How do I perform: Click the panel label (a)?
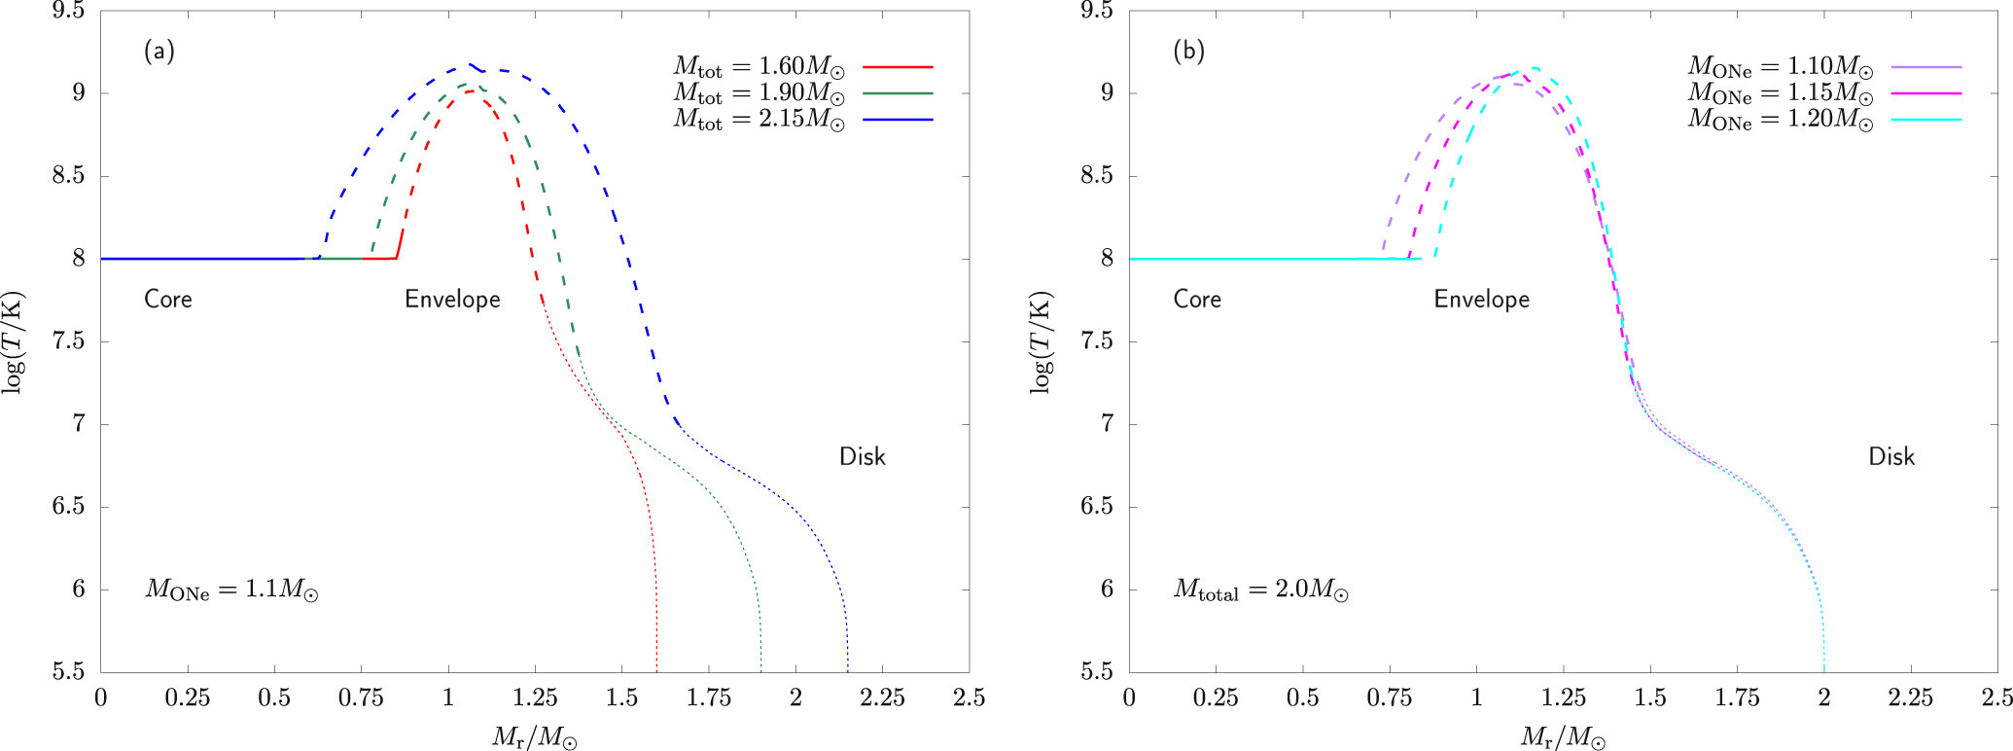click(x=159, y=51)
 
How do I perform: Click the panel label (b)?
click(x=1188, y=51)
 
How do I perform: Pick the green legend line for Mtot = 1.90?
click(x=898, y=93)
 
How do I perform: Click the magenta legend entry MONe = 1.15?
click(x=1925, y=93)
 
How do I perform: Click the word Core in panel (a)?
click(x=168, y=299)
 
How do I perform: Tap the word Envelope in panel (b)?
click(x=1481, y=299)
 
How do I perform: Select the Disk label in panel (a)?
click(x=862, y=456)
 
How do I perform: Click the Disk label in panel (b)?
click(x=1890, y=456)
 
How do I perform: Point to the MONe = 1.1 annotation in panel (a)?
click(x=231, y=590)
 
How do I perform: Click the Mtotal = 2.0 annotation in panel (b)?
click(x=1260, y=590)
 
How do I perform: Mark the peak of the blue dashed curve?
click(x=471, y=65)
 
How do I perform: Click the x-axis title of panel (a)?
click(x=534, y=737)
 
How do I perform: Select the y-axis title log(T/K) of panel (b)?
click(x=1042, y=341)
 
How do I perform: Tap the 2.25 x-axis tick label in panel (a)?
click(x=882, y=697)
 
